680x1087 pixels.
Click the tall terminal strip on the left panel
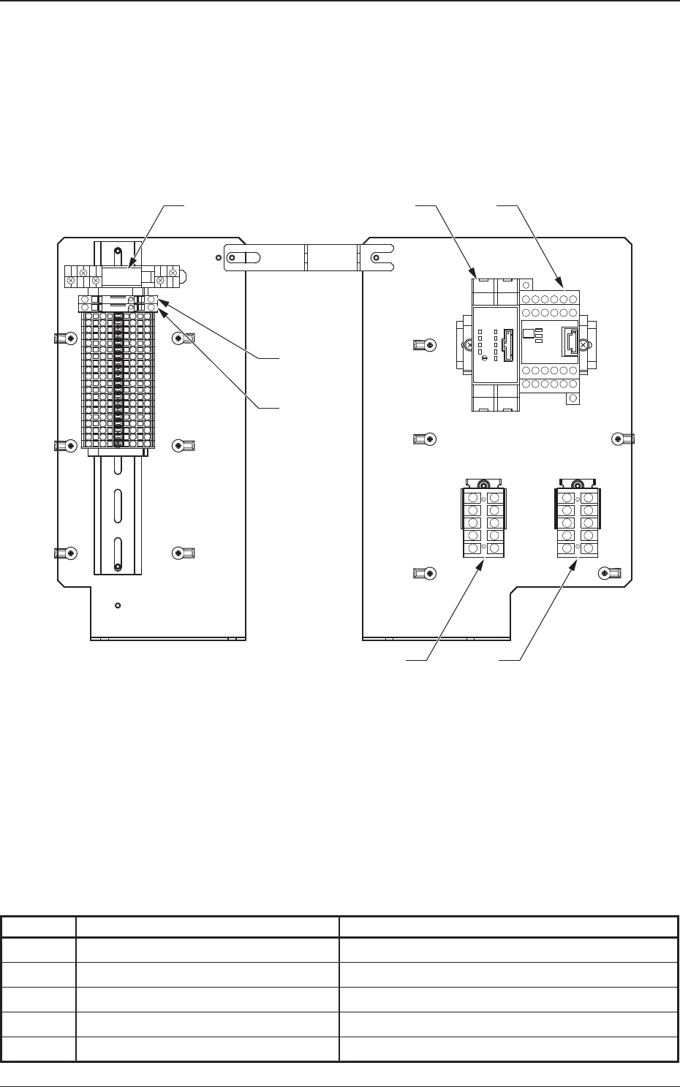pos(117,376)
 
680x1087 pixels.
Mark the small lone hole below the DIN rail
pos(118,605)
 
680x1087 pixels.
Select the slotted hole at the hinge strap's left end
pos(245,257)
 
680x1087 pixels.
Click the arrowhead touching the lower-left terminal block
pos(480,563)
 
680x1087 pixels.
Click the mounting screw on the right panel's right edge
pos(619,439)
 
